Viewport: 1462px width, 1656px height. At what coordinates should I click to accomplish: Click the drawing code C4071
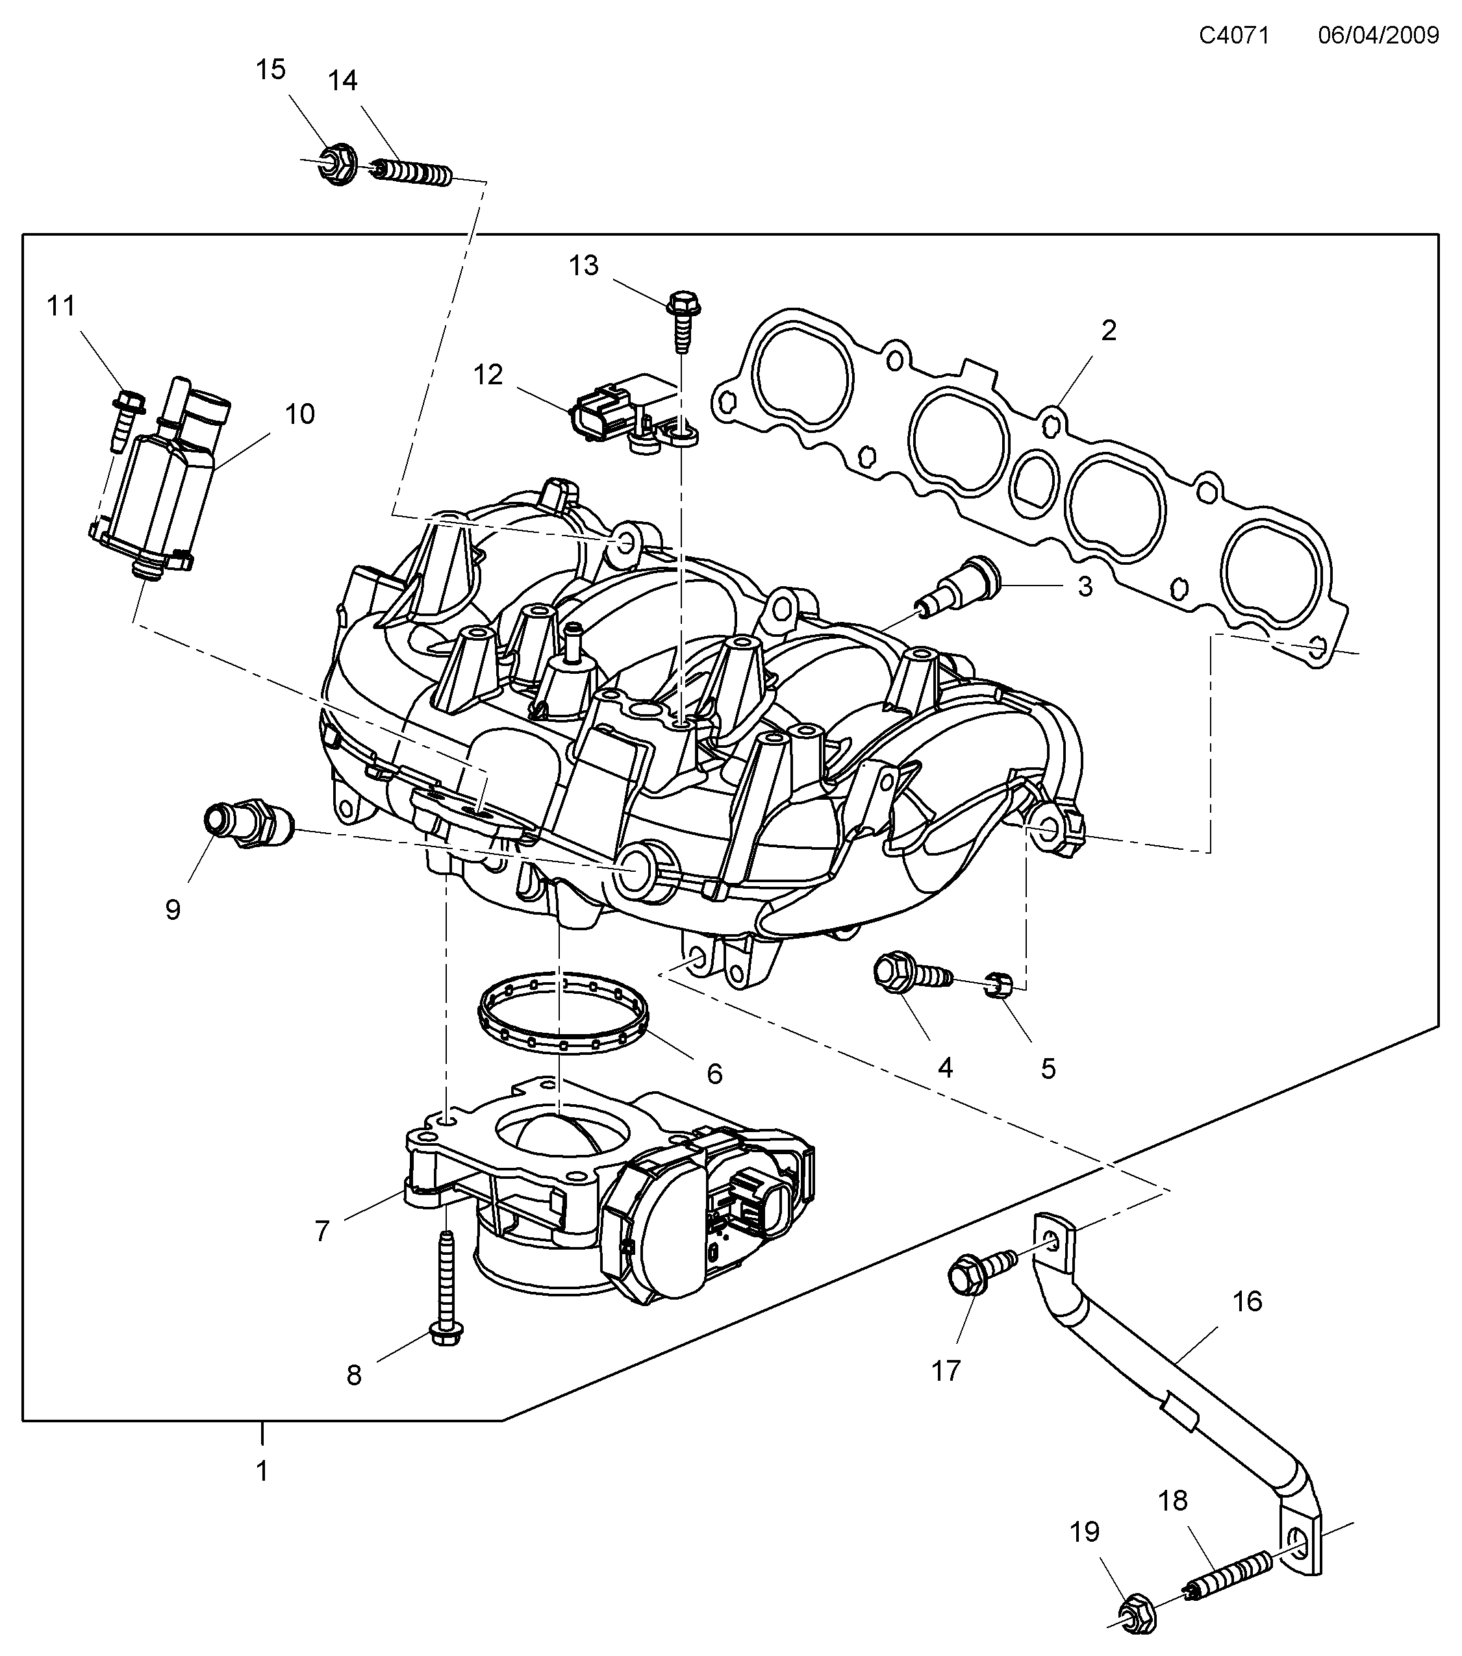1233,36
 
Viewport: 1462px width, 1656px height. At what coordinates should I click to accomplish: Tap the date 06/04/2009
1378,36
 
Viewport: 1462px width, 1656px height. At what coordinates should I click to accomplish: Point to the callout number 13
583,265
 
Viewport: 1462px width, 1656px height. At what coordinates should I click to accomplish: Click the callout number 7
321,1231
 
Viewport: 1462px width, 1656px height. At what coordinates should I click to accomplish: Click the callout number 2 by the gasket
1109,330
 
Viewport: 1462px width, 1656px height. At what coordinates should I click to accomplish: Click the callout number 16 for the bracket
1247,1301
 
